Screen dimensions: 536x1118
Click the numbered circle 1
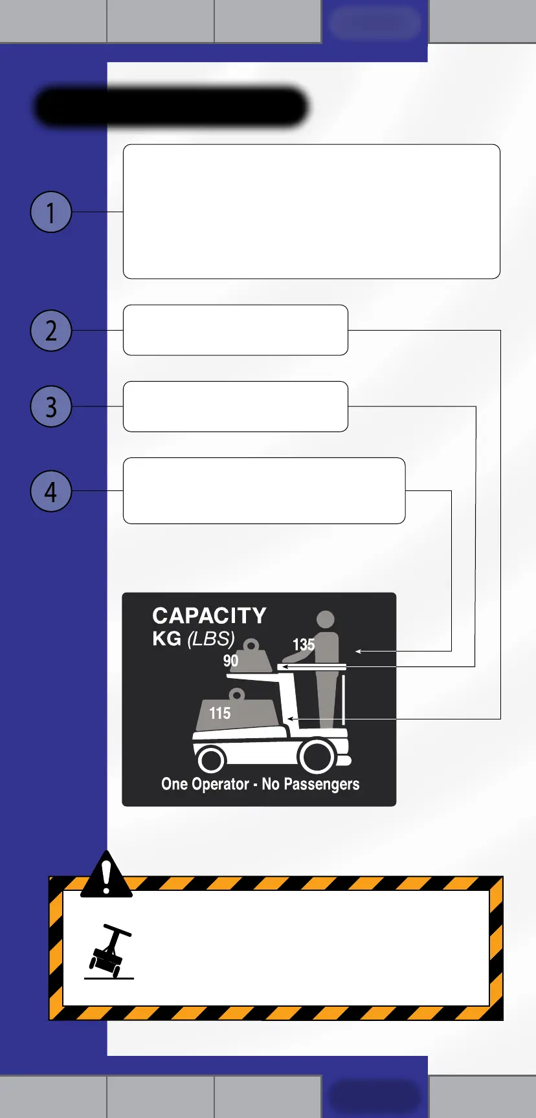pos(50,212)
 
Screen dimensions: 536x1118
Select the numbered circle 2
pos(50,331)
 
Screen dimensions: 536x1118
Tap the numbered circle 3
pos(50,406)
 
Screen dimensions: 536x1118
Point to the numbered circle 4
pos(50,491)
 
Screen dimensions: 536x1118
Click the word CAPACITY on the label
pos(209,615)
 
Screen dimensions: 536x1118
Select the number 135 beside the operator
pos(304,644)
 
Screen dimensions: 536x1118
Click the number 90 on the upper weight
pos(230,661)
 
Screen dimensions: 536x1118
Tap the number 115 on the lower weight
pos(219,713)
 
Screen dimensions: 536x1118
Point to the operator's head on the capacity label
pos(326,619)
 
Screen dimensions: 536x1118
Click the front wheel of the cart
pos(211,759)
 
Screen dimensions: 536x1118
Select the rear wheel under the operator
pos(317,756)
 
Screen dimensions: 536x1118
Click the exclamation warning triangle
pos(106,875)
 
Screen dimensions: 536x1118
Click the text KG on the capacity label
pos(166,639)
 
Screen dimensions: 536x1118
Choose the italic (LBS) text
pos(211,639)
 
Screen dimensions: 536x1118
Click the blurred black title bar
pos(171,107)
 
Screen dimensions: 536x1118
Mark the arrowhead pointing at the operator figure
pos(358,651)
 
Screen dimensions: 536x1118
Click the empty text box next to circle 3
pos(236,406)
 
